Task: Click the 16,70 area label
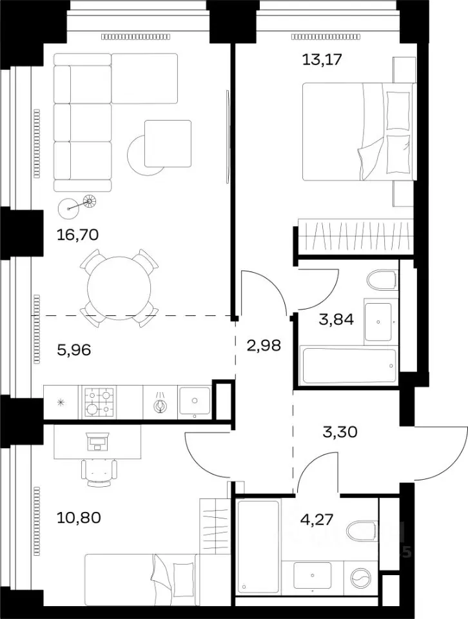pos(77,235)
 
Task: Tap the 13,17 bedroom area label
pos(322,59)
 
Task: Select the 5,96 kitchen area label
pos(74,349)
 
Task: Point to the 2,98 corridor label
pos(264,346)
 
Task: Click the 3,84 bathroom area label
pos(336,319)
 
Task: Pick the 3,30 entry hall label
pos(340,432)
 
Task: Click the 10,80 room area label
pos(79,517)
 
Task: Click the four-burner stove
pos(99,402)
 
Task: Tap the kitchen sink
pos(195,402)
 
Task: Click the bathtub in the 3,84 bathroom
pos(349,366)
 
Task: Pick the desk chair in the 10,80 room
pos(99,472)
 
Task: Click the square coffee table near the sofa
pos(168,144)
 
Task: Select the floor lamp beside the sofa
pos(77,205)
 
